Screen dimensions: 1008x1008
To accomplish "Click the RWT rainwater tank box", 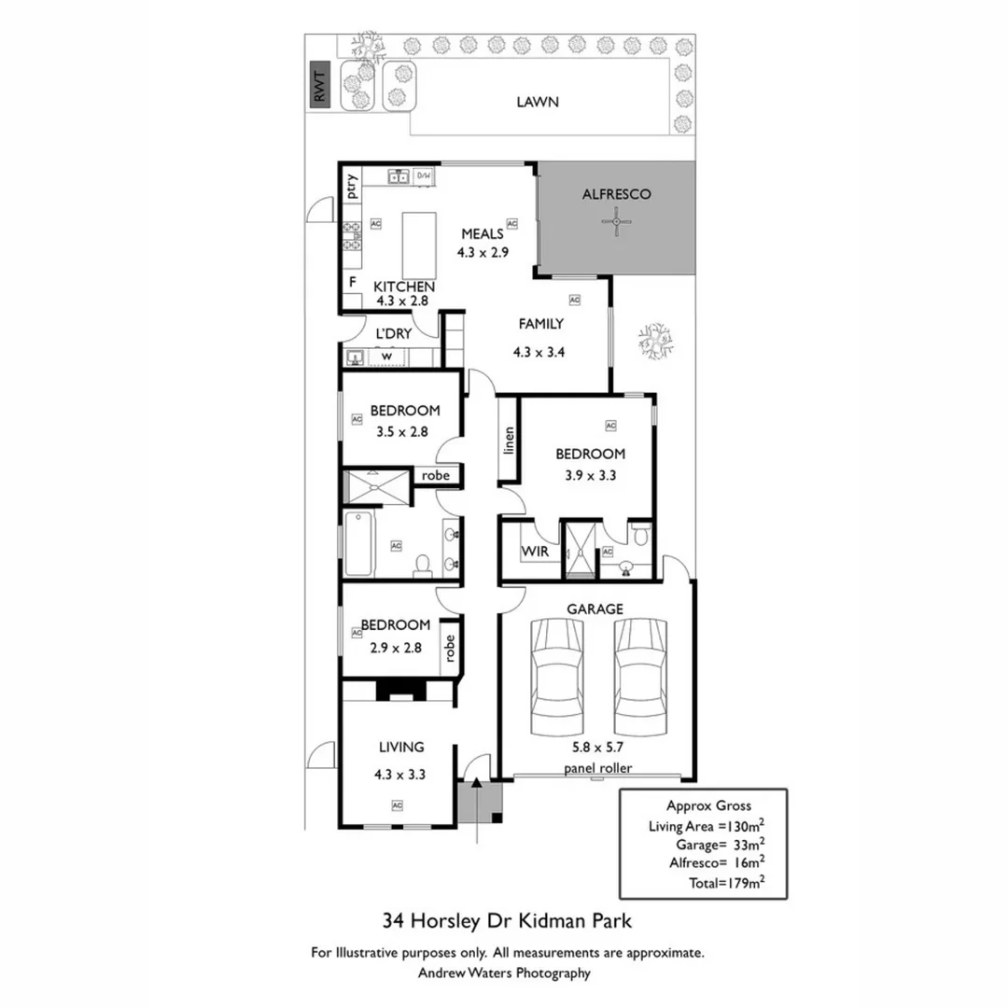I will [321, 88].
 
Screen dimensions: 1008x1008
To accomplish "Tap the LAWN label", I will [538, 102].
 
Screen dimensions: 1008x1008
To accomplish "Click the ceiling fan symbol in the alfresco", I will [616, 222].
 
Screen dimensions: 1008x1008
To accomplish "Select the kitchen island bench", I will [417, 242].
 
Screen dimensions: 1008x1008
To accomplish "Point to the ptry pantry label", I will [352, 189].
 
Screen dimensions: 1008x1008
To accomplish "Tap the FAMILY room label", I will [540, 324].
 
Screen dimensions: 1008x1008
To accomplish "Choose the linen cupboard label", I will [509, 440].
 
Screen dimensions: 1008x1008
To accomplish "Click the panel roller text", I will [597, 768].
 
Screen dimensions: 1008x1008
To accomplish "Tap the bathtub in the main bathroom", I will [359, 545].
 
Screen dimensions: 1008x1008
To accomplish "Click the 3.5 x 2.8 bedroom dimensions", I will [401, 432].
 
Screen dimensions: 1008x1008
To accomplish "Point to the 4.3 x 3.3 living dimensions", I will [400, 773].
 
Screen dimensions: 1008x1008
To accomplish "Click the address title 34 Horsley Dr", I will [508, 921].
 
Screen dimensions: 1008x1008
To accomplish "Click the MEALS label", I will [483, 233].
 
